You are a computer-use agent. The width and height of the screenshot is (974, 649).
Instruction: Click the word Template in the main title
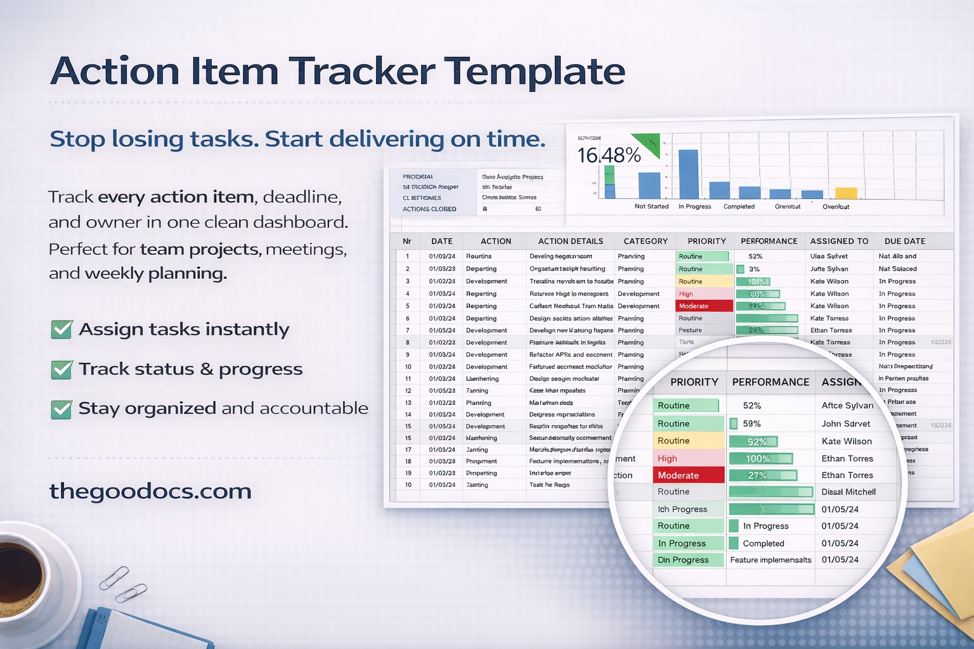tap(534, 71)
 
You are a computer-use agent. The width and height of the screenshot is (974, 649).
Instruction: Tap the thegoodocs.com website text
tap(150, 491)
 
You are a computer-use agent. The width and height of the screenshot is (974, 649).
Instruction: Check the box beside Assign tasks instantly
tap(62, 330)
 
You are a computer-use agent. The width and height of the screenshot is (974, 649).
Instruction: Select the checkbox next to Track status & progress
tap(62, 369)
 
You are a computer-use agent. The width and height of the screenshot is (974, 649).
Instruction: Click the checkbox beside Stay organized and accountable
tap(62, 409)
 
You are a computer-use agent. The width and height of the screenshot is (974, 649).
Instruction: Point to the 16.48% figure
tap(609, 155)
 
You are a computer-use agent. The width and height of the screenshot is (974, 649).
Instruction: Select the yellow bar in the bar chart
tap(846, 193)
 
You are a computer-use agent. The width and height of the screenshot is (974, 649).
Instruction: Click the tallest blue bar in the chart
tap(688, 174)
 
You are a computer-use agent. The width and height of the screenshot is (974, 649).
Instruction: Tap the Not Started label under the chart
tap(651, 207)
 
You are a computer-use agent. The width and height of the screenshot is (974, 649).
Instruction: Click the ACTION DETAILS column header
tap(570, 241)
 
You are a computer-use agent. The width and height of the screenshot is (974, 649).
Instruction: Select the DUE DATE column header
tap(904, 241)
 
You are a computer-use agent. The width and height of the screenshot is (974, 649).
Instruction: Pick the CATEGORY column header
tap(646, 241)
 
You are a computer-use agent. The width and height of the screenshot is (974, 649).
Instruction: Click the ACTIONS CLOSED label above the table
tap(429, 209)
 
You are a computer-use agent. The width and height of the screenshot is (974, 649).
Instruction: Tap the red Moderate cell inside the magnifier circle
tap(688, 475)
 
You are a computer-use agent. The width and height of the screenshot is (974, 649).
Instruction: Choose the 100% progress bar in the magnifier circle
tap(760, 458)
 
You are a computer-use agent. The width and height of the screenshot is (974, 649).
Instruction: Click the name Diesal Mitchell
tap(848, 492)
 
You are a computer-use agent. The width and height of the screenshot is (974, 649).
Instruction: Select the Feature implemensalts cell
tap(770, 560)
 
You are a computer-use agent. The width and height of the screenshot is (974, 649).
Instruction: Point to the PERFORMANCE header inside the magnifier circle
tap(770, 382)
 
